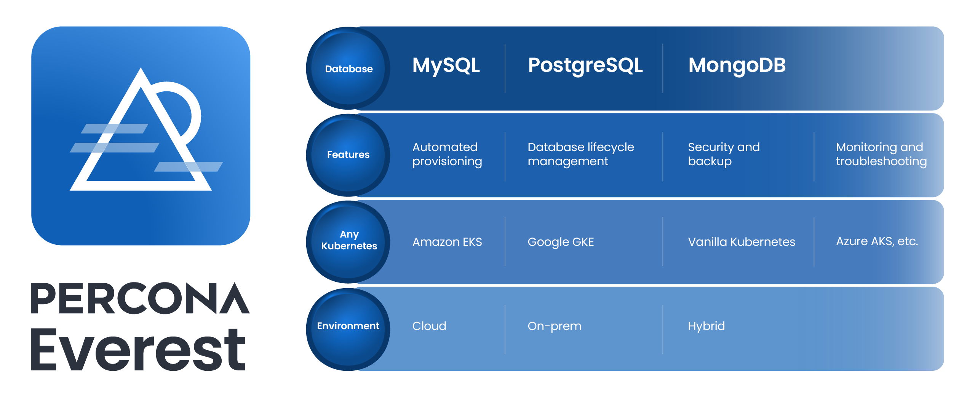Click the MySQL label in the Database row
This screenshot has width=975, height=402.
446,65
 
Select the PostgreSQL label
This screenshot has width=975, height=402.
585,65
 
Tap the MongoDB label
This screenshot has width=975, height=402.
737,65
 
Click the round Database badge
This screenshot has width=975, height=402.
348,69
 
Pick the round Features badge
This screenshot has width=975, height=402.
348,155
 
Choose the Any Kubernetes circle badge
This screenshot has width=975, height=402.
348,240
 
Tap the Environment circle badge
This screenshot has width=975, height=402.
348,326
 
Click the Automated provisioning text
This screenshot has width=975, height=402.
447,154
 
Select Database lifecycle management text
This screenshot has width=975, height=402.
580,154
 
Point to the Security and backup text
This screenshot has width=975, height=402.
724,154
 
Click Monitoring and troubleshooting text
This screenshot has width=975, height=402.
881,154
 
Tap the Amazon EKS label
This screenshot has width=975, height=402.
447,242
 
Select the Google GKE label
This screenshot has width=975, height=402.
561,242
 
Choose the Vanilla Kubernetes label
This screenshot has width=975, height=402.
741,242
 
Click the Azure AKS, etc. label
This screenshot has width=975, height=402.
877,241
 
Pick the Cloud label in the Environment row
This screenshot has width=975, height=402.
429,326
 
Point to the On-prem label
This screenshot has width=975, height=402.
554,326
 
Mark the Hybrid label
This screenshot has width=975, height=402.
706,326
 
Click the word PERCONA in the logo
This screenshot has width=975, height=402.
140,298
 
